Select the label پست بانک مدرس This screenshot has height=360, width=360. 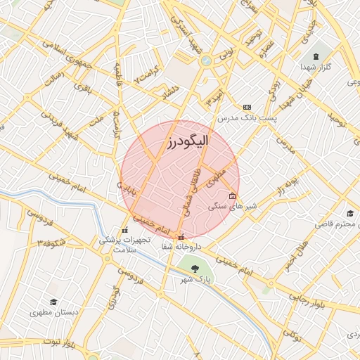[247, 118]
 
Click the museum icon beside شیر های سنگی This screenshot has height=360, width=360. [233, 196]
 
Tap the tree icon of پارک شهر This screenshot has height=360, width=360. [194, 267]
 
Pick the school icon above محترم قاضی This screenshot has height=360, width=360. [349, 213]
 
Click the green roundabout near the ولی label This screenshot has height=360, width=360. [205, 61]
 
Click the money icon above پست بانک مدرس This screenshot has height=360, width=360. [247, 107]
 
